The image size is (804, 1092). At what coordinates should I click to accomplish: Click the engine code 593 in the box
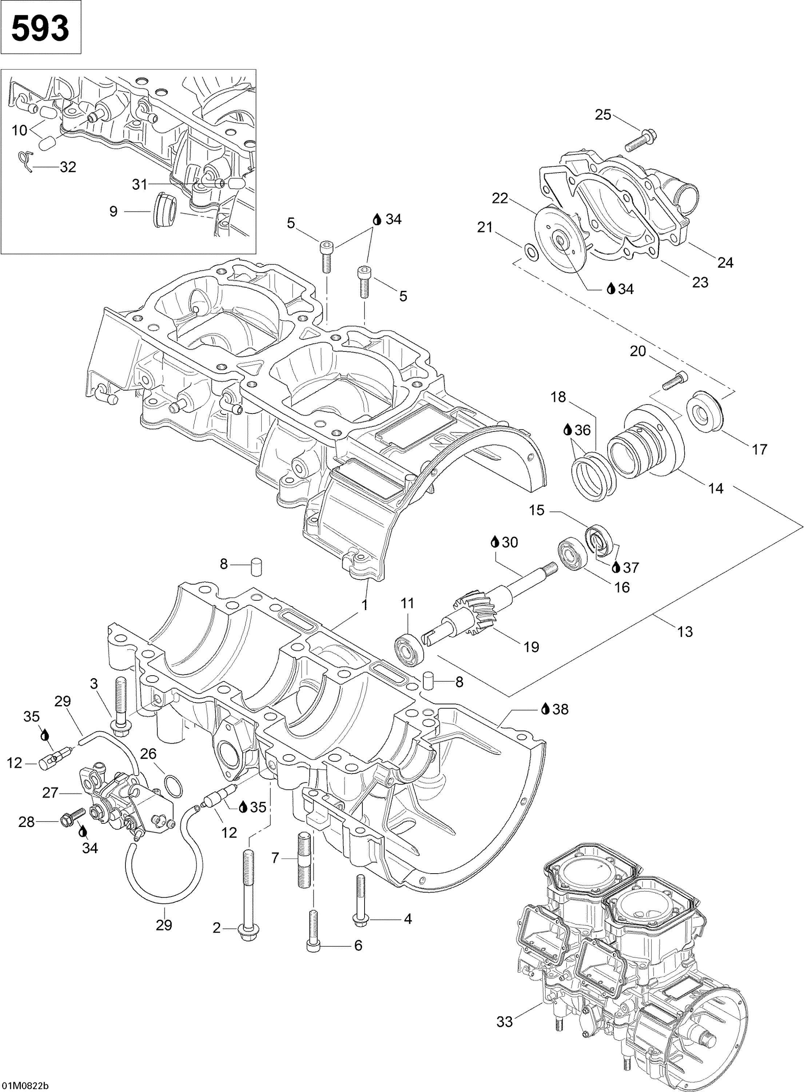(40, 28)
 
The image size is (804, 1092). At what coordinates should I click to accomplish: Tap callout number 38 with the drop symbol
(560, 709)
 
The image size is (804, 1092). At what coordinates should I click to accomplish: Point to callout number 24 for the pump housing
(725, 262)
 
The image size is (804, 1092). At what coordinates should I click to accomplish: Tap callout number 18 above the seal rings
(558, 397)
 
